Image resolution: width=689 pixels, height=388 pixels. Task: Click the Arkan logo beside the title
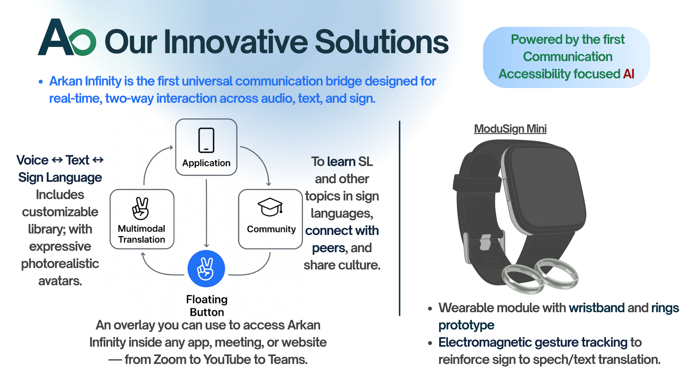(67, 38)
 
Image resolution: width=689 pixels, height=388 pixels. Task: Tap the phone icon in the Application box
(206, 140)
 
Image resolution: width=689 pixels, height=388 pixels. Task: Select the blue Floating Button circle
(206, 269)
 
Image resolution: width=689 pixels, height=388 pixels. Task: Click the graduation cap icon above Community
(270, 207)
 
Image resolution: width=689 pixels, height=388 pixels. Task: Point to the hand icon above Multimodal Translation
(141, 208)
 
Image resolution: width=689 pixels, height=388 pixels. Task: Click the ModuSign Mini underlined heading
(510, 129)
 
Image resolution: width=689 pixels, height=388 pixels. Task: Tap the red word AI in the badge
(629, 74)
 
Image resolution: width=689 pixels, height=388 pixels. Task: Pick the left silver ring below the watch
(522, 278)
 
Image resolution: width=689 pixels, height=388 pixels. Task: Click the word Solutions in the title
(381, 42)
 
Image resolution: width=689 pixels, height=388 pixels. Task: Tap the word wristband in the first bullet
(597, 308)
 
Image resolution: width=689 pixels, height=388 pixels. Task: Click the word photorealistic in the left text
(60, 264)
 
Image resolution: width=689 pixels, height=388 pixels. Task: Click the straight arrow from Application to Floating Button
(206, 212)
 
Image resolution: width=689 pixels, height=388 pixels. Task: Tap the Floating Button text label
(207, 306)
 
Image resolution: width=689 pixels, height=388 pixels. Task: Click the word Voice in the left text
(32, 160)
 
